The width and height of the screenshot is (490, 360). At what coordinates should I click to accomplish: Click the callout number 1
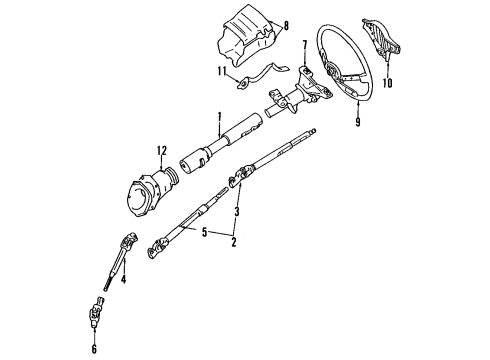point(217,118)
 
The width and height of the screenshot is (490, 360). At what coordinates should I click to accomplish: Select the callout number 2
point(234,242)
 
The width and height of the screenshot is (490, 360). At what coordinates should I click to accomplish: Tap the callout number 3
point(236,213)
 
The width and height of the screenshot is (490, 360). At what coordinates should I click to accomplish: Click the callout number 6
point(95,349)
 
